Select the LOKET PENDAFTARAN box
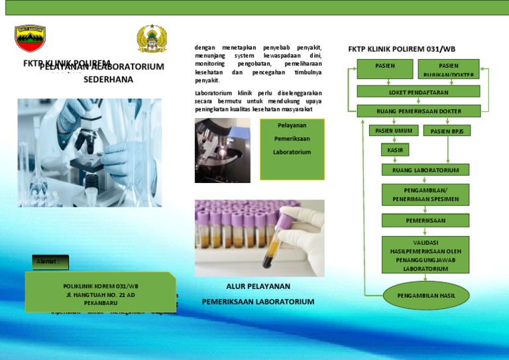414,91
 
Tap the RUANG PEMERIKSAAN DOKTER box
418,111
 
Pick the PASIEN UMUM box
394,131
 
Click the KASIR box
395,150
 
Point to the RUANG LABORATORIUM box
425,170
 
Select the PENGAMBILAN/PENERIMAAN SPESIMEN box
425,194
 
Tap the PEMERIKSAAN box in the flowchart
425,220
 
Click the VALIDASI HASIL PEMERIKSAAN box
425,255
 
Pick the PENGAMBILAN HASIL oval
425,295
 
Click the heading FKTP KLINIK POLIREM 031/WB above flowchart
402,49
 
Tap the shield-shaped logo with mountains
30,40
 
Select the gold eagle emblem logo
152,39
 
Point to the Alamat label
50,261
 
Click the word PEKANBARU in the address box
101,301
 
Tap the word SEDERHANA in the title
108,80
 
